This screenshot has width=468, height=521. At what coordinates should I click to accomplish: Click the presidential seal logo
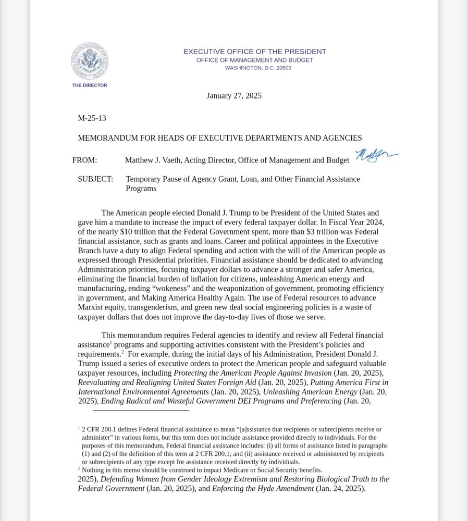click(90, 61)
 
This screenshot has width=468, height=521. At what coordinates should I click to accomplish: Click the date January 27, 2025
click(234, 96)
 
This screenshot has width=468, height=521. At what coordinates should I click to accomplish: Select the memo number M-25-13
click(92, 118)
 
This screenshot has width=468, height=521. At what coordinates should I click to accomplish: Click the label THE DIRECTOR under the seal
click(90, 85)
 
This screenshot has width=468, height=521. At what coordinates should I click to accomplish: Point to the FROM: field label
click(84, 160)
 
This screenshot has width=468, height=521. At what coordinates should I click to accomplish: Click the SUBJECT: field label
click(95, 179)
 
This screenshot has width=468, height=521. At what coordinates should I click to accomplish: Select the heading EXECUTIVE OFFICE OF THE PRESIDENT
click(254, 52)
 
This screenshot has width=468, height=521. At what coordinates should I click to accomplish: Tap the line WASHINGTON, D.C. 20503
click(258, 68)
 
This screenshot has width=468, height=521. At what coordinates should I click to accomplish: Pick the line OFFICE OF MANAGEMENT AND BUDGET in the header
click(254, 60)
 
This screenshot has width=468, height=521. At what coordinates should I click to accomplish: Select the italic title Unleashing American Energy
click(310, 392)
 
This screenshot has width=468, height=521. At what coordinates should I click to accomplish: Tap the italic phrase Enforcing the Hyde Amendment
click(263, 489)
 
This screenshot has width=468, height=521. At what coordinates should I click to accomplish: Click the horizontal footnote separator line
click(141, 411)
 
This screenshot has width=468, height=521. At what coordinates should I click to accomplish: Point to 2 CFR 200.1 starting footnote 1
click(102, 430)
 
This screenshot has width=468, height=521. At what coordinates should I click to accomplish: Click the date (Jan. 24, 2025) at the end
click(340, 489)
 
